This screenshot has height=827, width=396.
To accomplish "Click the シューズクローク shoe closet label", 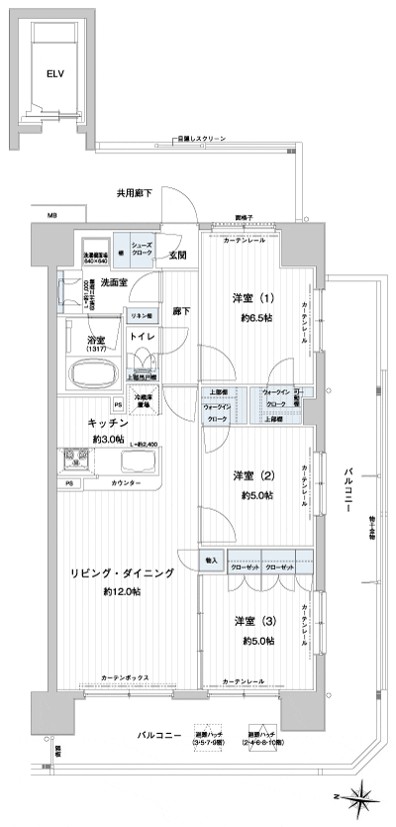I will tap(142, 250).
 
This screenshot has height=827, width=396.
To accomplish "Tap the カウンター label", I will tap(125, 482).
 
